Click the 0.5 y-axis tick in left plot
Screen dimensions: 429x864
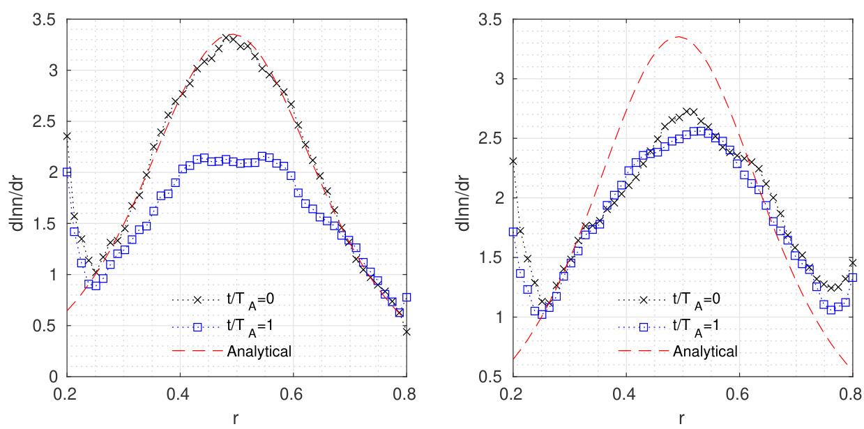coord(46,326)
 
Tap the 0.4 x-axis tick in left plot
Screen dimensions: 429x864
coord(179,393)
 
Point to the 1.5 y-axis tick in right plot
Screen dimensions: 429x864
coord(492,257)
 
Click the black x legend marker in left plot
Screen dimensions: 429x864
coord(197,299)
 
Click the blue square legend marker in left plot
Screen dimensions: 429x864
coord(197,325)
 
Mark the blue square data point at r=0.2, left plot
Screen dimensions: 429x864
coord(67,172)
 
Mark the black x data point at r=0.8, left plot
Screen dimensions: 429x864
coord(407,332)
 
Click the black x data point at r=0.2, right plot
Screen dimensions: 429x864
coord(513,161)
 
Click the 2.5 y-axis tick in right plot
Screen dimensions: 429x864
coord(492,138)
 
